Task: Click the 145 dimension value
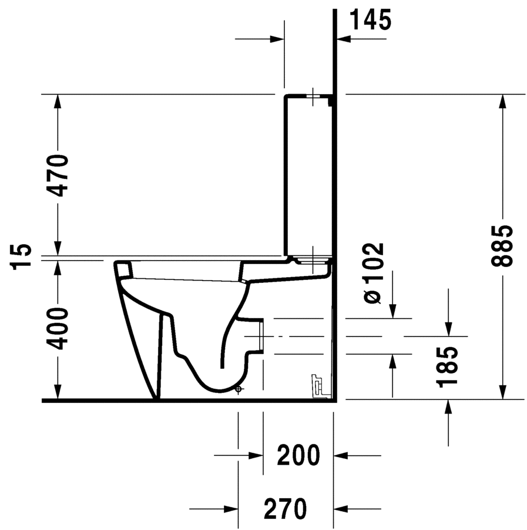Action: click(x=370, y=21)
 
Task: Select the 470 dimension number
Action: click(x=59, y=175)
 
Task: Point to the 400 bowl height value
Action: click(x=59, y=328)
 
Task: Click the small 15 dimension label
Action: click(x=22, y=257)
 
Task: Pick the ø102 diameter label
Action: click(x=372, y=274)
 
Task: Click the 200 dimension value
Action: click(x=298, y=455)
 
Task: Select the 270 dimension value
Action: click(x=286, y=507)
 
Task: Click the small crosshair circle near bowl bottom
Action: click(x=238, y=389)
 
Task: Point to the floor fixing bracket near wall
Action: click(x=318, y=385)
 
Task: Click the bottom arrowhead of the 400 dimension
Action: click(x=58, y=392)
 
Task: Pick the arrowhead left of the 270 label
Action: click(x=231, y=508)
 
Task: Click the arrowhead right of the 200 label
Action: click(x=341, y=455)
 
